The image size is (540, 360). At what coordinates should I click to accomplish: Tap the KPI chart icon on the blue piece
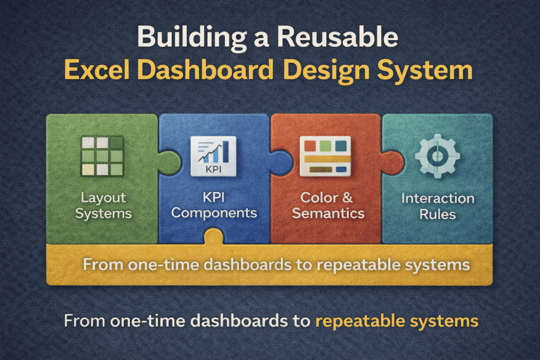[x=213, y=156]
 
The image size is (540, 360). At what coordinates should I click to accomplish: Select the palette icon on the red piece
[x=326, y=156]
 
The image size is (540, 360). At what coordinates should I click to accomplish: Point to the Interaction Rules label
[x=437, y=206]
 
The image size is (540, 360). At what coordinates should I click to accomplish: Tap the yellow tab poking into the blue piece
[x=214, y=238]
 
